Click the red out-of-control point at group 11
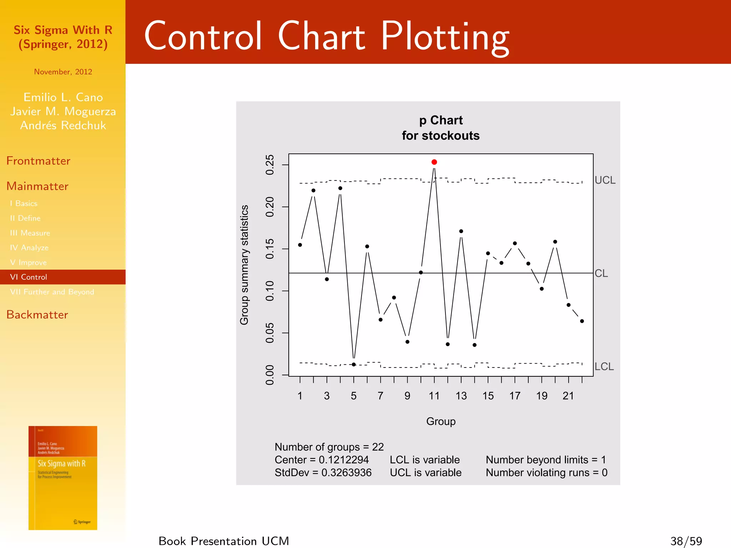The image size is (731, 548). click(434, 162)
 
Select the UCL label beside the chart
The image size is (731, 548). click(605, 180)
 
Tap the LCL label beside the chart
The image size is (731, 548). click(604, 366)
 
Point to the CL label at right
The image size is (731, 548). click(601, 273)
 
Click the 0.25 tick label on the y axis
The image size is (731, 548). click(270, 165)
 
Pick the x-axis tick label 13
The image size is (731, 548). click(461, 396)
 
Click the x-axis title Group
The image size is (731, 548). click(440, 421)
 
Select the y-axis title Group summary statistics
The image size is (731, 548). click(244, 265)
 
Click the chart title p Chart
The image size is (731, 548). click(440, 120)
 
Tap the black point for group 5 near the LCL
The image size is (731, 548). click(354, 364)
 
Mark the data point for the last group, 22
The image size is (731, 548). click(582, 321)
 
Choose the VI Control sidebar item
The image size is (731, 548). click(29, 277)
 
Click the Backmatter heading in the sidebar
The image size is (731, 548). click(37, 315)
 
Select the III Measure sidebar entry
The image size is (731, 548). click(30, 233)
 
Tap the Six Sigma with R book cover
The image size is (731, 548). click(63, 478)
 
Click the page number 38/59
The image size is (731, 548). click(686, 541)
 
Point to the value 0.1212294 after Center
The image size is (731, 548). click(343, 460)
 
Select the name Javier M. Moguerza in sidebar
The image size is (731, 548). click(63, 111)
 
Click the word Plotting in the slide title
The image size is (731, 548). click(445, 36)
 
